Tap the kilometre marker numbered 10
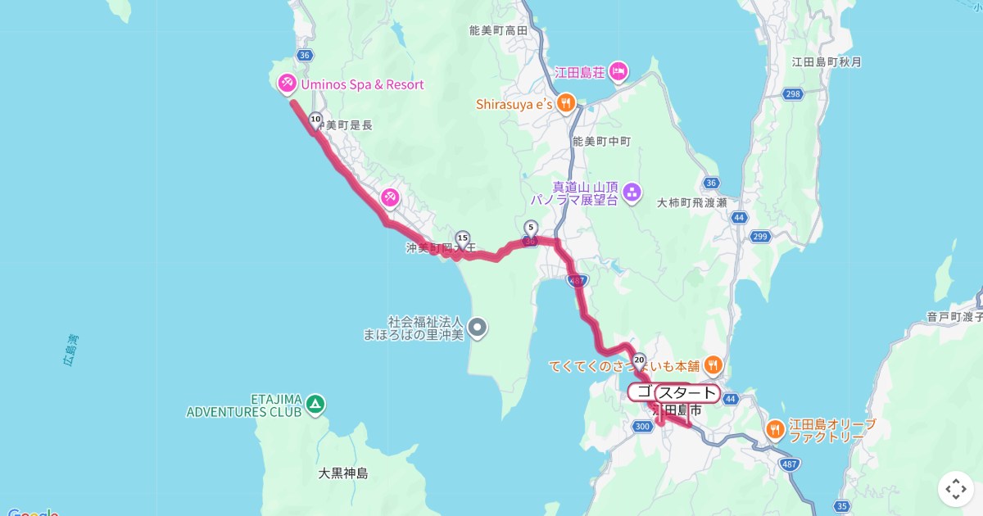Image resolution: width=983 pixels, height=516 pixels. click(x=315, y=120)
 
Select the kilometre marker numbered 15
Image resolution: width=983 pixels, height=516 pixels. click(x=462, y=238)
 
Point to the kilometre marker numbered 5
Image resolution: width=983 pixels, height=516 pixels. click(x=530, y=228)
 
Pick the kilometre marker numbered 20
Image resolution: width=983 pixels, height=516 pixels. click(x=640, y=359)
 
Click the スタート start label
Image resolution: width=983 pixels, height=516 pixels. click(x=686, y=393)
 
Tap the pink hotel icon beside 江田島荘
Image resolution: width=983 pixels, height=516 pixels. click(x=618, y=72)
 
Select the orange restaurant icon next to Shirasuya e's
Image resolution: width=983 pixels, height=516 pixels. click(x=565, y=103)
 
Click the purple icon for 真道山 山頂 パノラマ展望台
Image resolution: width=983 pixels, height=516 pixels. click(x=632, y=193)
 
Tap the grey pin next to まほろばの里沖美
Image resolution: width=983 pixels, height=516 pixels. click(x=477, y=328)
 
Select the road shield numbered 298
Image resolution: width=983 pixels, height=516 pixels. click(x=792, y=94)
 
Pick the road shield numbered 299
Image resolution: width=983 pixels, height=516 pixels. click(x=760, y=237)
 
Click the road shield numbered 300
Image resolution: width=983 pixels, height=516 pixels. click(x=643, y=427)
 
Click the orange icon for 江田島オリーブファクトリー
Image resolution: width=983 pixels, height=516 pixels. click(x=774, y=428)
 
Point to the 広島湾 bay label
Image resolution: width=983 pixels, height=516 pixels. click(x=72, y=350)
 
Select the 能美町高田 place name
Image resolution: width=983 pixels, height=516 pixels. click(x=498, y=30)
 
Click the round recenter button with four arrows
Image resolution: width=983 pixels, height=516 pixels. click(x=956, y=490)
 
